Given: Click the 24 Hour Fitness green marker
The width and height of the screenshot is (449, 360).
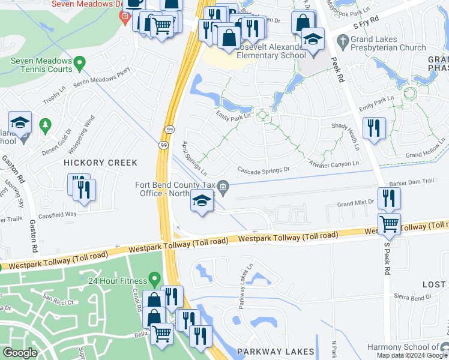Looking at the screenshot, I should pos(155,279).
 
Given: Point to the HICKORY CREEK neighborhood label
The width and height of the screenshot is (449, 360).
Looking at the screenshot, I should pos(101,163).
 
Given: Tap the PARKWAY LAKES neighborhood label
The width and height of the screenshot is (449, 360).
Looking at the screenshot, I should pos(276,352).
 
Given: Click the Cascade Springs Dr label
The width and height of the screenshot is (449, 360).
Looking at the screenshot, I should pos(264,169).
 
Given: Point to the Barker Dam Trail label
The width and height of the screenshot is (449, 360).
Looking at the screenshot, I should pos(411,181).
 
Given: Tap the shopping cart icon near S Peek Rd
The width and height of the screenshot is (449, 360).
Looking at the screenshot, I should pos(390,224).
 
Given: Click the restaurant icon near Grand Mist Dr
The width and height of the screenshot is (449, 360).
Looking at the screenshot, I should pos(390,198).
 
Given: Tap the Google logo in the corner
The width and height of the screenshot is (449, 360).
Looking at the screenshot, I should pos(20,353).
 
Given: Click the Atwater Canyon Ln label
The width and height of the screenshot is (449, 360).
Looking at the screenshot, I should pos(333,163).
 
